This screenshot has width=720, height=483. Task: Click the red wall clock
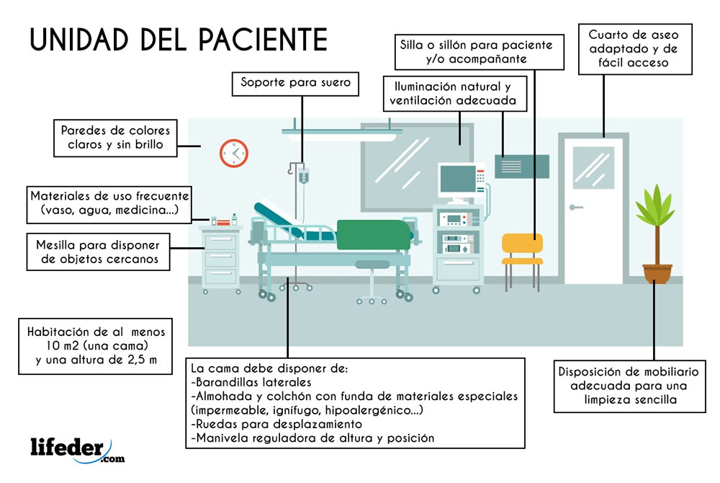point(233,153)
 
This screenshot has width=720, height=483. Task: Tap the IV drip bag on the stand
point(304,176)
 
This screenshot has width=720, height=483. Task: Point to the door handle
point(575,208)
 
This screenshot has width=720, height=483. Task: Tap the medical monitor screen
point(457,177)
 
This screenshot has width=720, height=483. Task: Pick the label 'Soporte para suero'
point(295,84)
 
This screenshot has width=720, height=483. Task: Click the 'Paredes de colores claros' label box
point(115,138)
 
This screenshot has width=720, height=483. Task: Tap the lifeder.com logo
point(76,448)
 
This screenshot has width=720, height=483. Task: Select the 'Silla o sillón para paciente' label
point(477,51)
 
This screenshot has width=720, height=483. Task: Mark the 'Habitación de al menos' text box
point(96,346)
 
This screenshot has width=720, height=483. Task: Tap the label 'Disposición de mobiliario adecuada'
point(629,386)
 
